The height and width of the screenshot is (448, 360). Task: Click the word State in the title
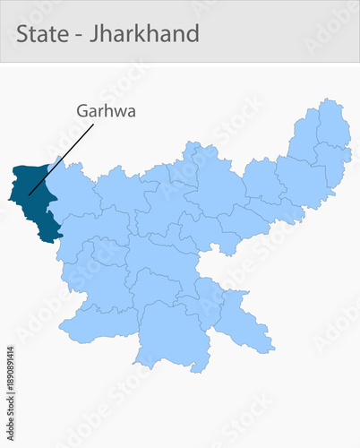coord(41,34)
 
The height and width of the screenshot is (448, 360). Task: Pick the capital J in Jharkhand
coord(94,35)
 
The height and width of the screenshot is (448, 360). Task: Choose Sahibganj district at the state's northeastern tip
coord(333,125)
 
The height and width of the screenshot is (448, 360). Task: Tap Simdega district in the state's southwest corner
coord(99,323)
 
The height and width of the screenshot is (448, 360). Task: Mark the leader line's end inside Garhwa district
coord(29,194)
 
